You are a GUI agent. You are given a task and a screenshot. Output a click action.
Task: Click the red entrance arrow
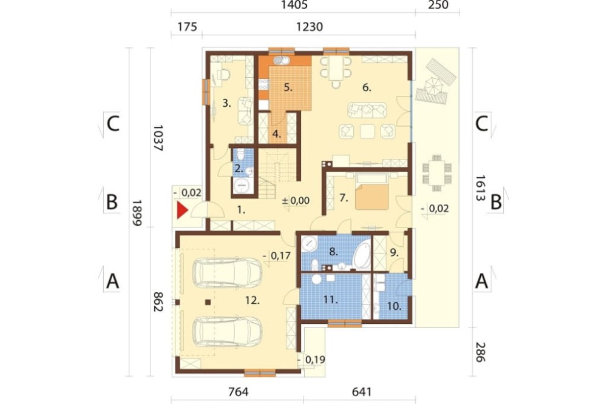tap(182, 210)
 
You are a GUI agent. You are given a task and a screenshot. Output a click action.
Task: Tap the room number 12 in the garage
tap(252, 300)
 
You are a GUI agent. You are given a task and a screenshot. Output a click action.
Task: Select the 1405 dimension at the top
tap(294, 5)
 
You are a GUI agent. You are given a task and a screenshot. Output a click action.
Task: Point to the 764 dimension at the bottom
tap(238, 392)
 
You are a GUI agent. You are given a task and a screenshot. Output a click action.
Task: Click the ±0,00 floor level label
tap(296, 200)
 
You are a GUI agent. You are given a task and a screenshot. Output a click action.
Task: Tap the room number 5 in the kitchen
tap(287, 87)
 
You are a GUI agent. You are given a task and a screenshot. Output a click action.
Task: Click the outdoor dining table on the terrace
tap(436, 173)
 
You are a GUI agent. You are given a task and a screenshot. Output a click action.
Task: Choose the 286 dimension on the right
tap(480, 352)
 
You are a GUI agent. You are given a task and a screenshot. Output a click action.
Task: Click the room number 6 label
tap(367, 88)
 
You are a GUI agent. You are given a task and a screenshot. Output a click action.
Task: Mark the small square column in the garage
tap(208, 302)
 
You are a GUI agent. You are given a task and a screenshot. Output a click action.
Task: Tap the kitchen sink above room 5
tap(282, 61)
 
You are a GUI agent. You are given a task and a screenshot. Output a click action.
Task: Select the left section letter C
tap(113, 124)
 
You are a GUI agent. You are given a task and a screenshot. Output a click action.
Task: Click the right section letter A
tap(481, 281)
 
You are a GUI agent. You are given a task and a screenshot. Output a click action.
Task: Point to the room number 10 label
tap(394, 306)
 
